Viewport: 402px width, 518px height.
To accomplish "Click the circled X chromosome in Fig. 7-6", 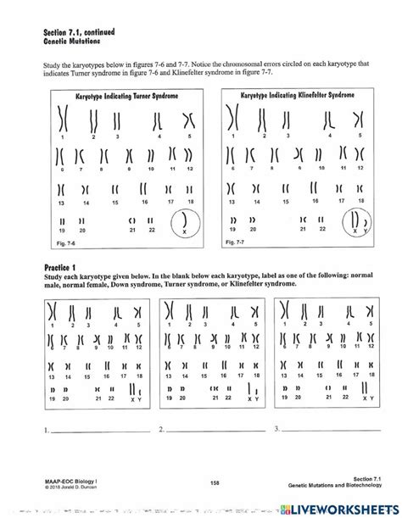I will pyautogui.click(x=182, y=223).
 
